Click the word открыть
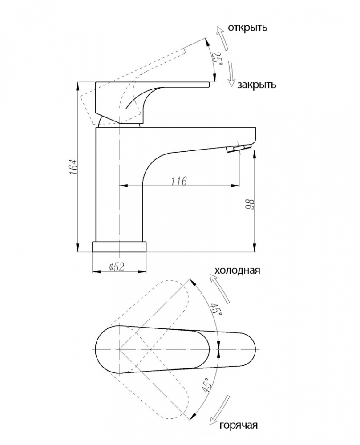click(x=247, y=28)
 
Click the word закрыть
click(x=256, y=85)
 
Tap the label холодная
click(x=237, y=270)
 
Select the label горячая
click(x=239, y=425)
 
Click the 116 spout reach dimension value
click(x=179, y=181)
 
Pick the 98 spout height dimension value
click(x=250, y=204)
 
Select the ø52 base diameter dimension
click(x=116, y=267)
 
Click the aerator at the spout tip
click(x=239, y=148)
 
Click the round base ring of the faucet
click(x=119, y=247)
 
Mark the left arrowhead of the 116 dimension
click(x=122, y=186)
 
